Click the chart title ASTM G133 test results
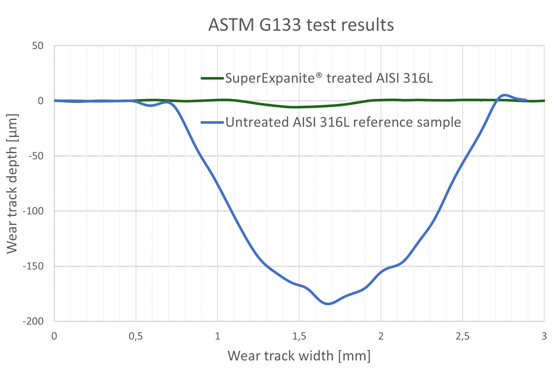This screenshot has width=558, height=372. coord(301,25)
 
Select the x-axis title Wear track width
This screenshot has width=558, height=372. coord(299,356)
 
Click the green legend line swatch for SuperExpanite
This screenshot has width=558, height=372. coord(212,78)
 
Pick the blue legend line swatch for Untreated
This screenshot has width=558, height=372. coord(212,122)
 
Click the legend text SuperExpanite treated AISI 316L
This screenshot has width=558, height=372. coord(329,78)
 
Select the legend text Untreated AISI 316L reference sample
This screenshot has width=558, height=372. coord(343,122)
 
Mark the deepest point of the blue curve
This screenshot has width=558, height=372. coord(328,304)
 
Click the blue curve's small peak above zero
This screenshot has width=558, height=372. coord(504,95)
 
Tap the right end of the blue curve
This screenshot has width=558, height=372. coord(526,100)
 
